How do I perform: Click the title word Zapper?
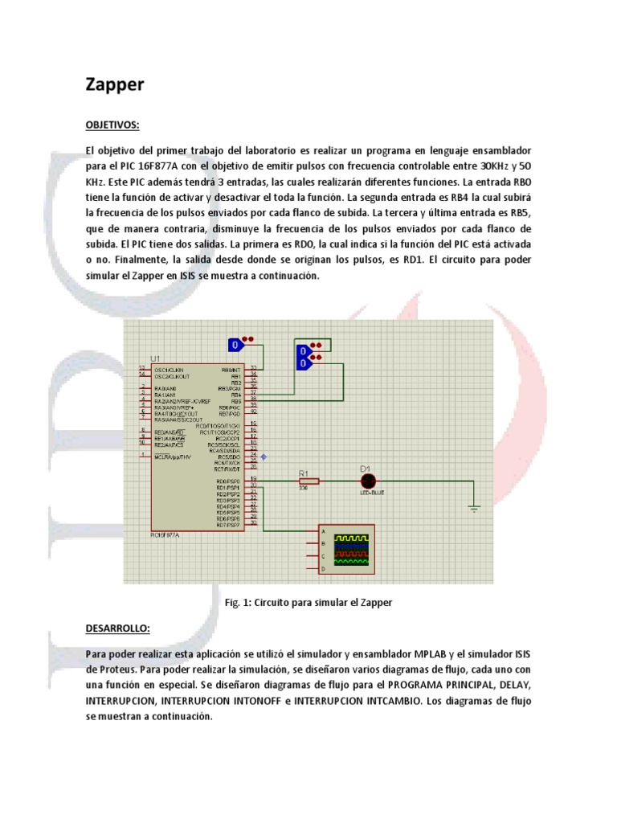[115, 84]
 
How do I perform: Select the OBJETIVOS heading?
[112, 125]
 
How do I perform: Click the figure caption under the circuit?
[308, 601]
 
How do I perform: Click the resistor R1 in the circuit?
[308, 481]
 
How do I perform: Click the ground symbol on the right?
[474, 508]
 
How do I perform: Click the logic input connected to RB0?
[236, 345]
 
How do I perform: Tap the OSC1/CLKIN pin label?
[170, 369]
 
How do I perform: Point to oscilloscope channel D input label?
[323, 568]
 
